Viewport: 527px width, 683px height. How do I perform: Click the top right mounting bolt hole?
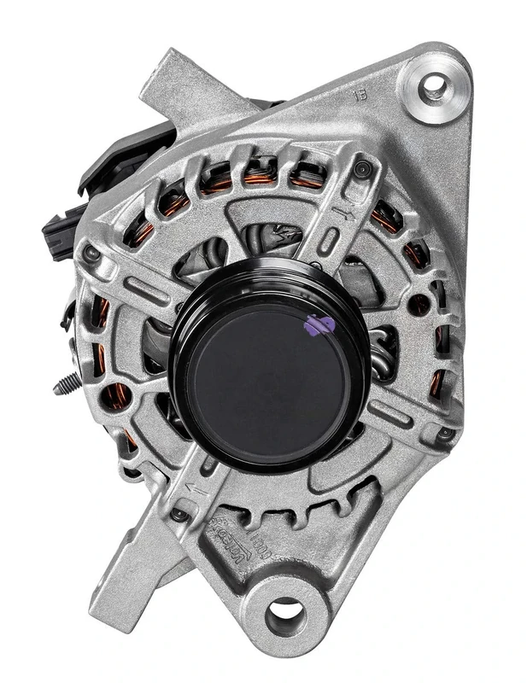[434, 85]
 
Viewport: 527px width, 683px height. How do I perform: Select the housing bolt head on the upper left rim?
[91, 253]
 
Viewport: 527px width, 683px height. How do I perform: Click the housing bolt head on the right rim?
[445, 434]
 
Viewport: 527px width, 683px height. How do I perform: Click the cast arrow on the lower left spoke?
[197, 490]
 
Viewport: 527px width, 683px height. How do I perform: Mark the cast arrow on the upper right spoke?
[346, 208]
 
